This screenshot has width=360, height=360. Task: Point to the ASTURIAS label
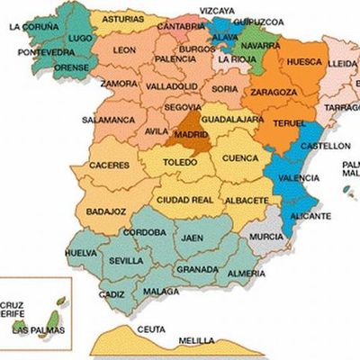(x=121, y=18)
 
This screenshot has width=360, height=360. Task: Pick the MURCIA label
(x=266, y=236)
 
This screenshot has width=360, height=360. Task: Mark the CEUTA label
(x=150, y=329)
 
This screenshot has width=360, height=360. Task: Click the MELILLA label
(x=197, y=340)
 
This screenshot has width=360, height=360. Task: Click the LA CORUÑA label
(x=34, y=26)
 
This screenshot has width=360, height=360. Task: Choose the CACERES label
(x=109, y=166)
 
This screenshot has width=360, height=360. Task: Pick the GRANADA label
(x=197, y=268)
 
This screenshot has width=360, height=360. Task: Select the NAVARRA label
(x=260, y=43)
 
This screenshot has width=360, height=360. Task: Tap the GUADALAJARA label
(x=232, y=119)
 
